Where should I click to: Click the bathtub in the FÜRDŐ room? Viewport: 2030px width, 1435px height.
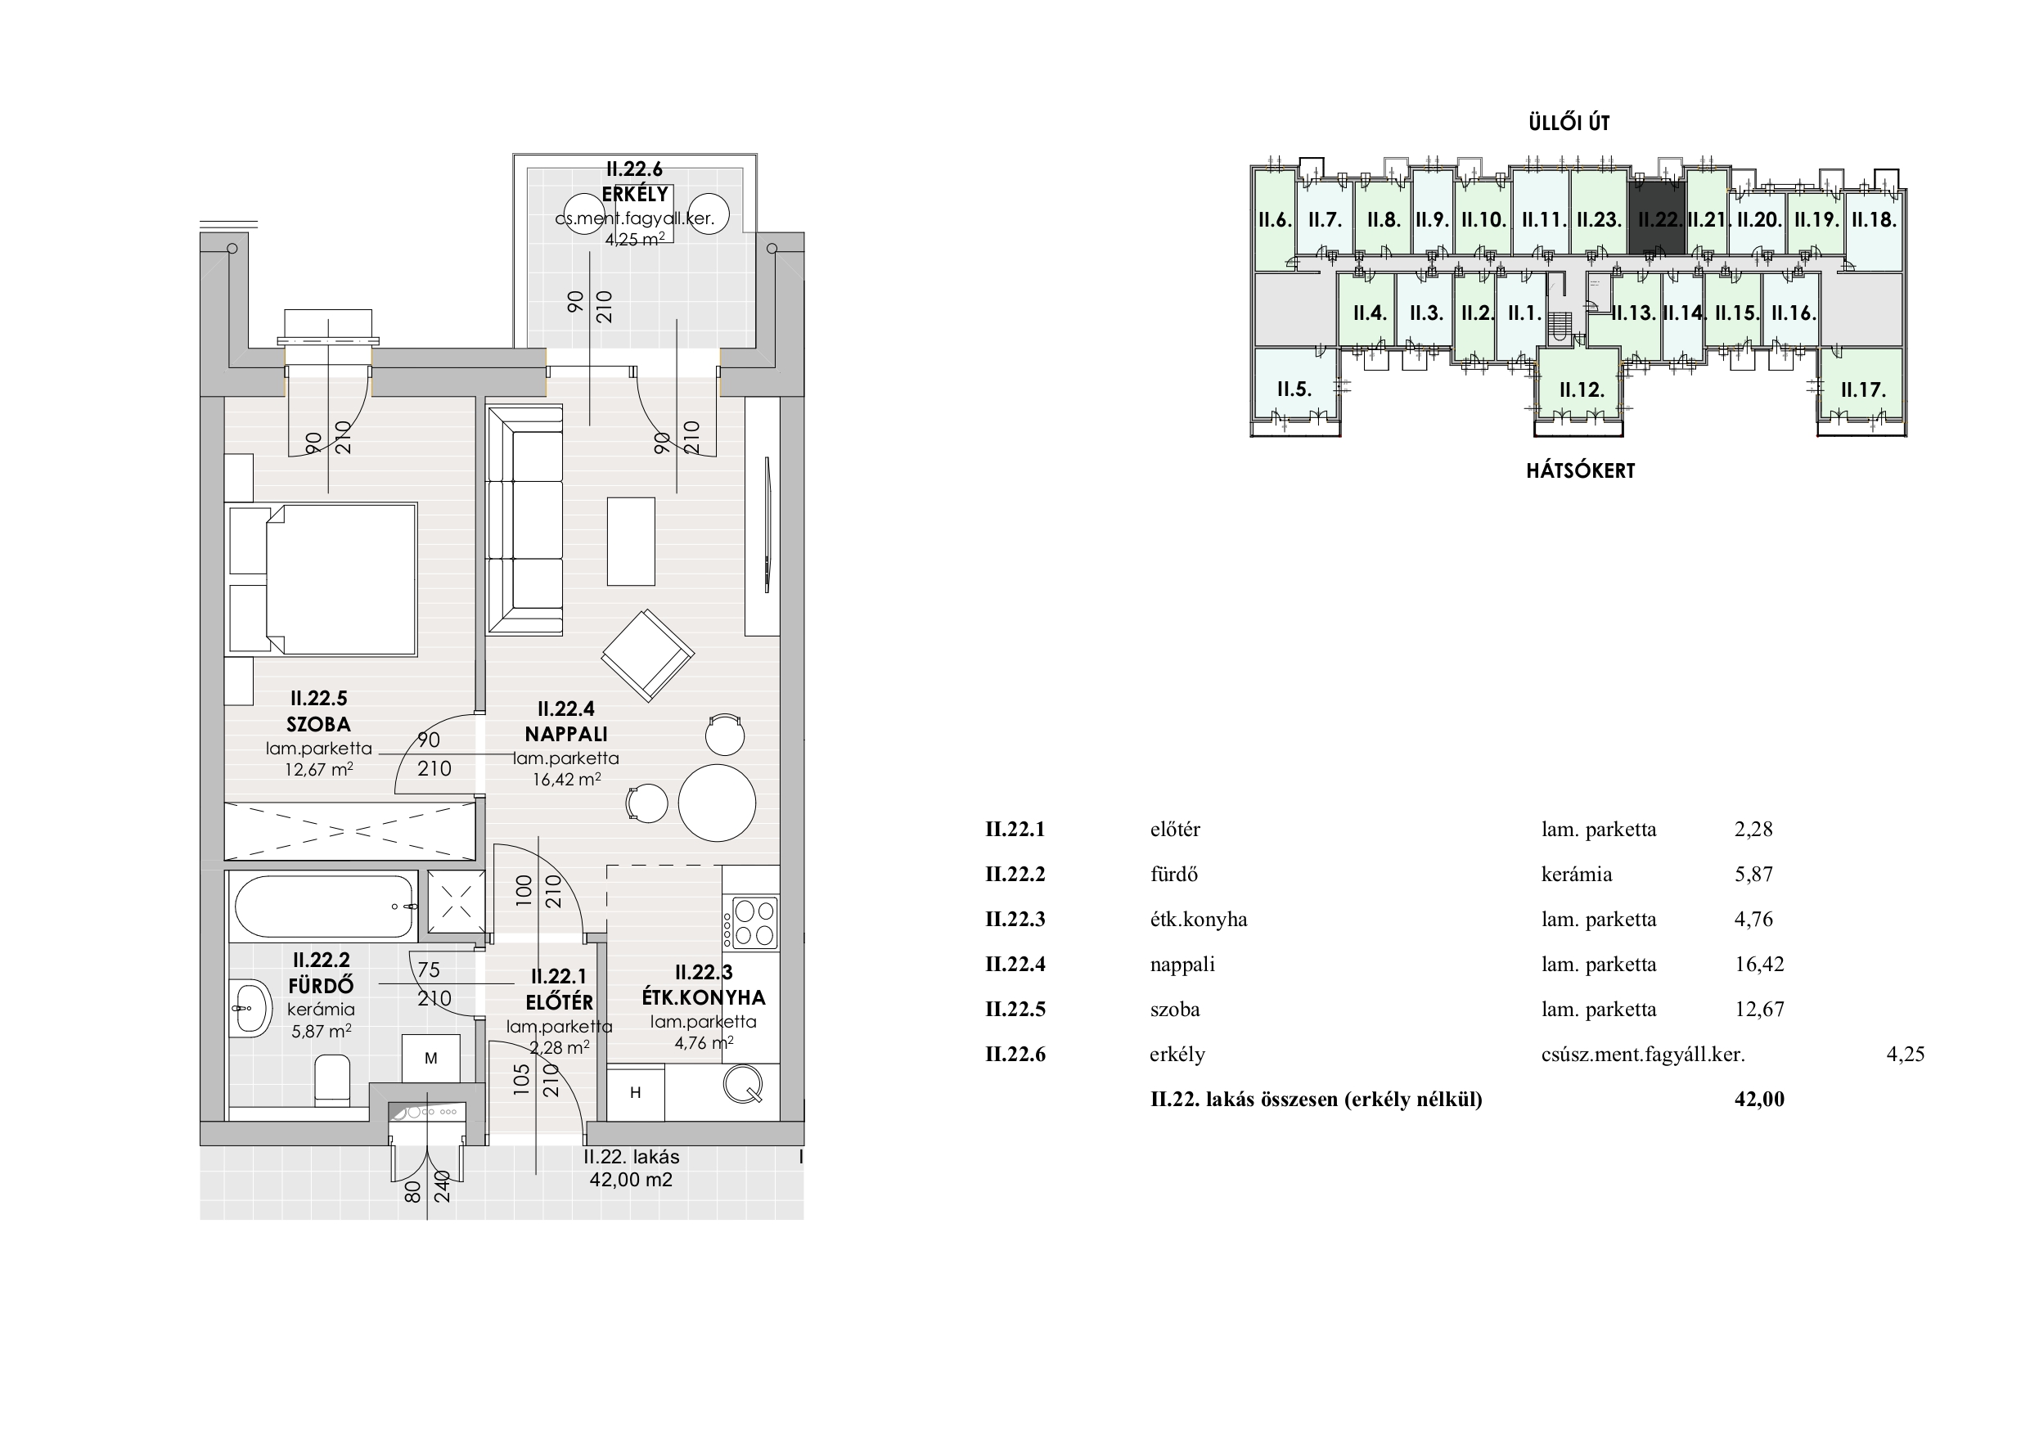326,906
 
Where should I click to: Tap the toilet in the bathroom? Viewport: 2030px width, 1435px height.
332,1080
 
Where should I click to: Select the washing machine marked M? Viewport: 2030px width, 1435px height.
430,1059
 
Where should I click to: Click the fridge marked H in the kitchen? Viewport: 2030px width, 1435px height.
636,1093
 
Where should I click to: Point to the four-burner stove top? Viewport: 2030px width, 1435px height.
750,922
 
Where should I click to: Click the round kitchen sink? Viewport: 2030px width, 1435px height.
743,1085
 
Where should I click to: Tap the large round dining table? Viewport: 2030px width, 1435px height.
717,803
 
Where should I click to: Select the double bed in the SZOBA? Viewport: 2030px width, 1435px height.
321,579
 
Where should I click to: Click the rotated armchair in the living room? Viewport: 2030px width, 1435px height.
648,655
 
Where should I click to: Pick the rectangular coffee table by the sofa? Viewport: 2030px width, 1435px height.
632,541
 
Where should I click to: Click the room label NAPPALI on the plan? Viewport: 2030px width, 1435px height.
566,734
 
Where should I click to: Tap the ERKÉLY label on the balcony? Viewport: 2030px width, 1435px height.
635,194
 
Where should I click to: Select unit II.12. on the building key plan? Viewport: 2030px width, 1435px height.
1582,390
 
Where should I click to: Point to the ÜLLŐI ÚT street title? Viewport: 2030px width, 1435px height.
1569,123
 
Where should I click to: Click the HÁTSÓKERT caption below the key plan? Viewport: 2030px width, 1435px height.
1581,470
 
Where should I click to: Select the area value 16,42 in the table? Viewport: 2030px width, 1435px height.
1759,965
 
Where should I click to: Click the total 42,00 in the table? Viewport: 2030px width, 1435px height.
1759,1099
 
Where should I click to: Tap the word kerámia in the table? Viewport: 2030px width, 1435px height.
1577,875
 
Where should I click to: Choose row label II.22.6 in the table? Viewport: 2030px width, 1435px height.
1015,1054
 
